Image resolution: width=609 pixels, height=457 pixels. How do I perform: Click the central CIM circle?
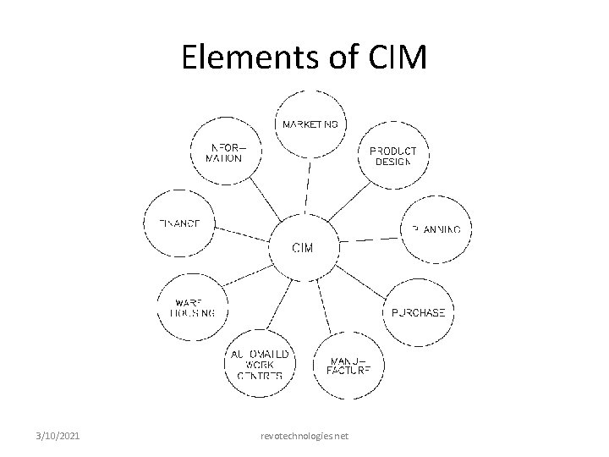[303, 248]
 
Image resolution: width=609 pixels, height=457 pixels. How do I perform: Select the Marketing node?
[310, 124]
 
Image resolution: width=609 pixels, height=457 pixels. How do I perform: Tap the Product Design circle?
[392, 156]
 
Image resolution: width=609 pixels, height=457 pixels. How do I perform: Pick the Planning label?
[436, 228]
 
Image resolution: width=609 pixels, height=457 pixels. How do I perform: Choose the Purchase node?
[417, 312]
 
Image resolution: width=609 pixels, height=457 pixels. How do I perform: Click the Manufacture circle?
[348, 365]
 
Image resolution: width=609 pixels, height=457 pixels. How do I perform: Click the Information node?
[224, 151]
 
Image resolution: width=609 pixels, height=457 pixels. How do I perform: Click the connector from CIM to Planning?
[369, 238]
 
